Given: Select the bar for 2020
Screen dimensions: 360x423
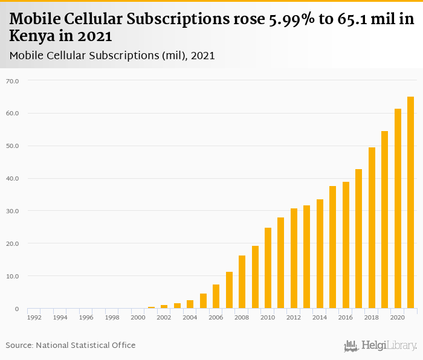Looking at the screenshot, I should pos(398,208).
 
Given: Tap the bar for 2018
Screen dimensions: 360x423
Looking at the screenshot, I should pos(372,228).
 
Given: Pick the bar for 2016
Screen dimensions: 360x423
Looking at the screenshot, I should pos(346,245).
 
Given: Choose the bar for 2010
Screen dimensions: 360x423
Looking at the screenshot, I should pos(268,268).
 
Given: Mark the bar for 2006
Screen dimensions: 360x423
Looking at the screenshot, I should pos(216,296).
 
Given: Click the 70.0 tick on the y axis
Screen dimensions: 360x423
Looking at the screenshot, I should pos(12,81).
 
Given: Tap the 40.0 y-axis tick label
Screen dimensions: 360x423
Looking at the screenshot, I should pos(12,179).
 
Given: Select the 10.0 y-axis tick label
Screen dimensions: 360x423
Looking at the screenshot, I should pos(12,277).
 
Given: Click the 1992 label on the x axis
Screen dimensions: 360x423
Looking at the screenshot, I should pos(34,317).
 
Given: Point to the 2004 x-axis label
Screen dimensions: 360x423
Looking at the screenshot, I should pos(190,317).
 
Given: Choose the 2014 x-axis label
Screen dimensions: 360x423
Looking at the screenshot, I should pos(320,317).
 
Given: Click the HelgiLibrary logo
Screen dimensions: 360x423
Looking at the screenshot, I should pos(381,346).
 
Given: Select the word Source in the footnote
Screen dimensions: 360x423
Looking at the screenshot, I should pos(19,346).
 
